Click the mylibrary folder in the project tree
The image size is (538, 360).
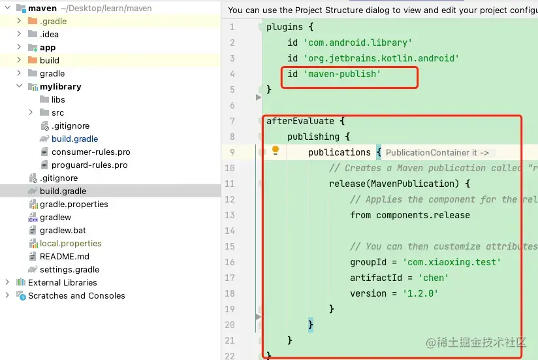click(60, 86)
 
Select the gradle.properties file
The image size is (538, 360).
click(74, 204)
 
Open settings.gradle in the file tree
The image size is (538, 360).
click(69, 269)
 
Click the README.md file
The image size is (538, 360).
click(64, 256)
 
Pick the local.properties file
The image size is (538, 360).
click(71, 243)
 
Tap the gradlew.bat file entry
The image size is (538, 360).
click(63, 230)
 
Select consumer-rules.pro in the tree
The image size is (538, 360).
click(91, 152)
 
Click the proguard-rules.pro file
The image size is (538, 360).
click(89, 165)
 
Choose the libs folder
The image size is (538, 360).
click(58, 99)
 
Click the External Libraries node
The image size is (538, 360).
click(62, 282)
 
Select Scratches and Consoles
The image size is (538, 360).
click(76, 295)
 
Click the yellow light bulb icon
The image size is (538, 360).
click(276, 151)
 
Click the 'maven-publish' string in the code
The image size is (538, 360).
click(341, 74)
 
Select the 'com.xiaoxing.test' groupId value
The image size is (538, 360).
click(452, 262)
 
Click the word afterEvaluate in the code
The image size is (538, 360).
click(300, 121)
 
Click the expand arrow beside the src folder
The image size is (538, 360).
click(31, 112)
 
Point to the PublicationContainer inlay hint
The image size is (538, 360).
click(437, 152)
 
